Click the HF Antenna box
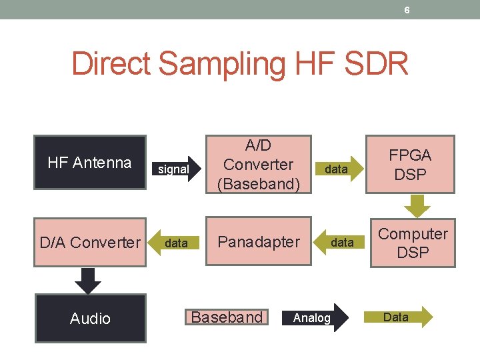click(90, 163)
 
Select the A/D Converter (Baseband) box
click(259, 164)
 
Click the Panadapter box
click(259, 241)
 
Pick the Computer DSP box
click(413, 243)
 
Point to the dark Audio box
click(90, 319)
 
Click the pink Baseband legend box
click(227, 317)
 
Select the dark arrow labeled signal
click(176, 169)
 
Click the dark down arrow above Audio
click(88, 281)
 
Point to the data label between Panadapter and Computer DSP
click(342, 243)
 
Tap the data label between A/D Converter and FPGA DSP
click(336, 169)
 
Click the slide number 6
click(407, 9)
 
